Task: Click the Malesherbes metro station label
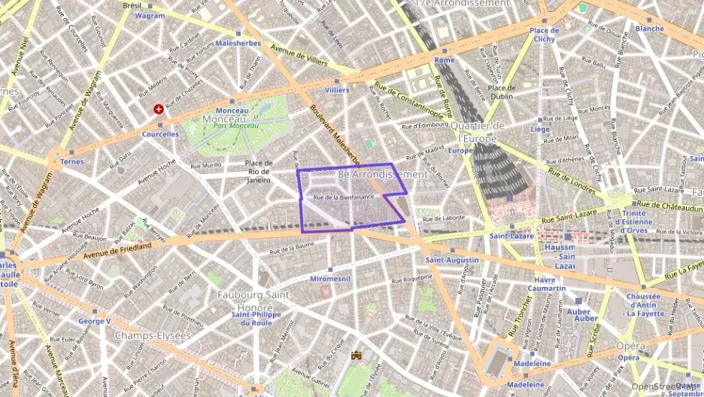tap(238, 44)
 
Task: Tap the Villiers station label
tap(336, 90)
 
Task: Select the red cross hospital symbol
tap(159, 109)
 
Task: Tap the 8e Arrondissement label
tap(383, 174)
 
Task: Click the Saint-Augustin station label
tap(451, 260)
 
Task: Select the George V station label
tap(95, 321)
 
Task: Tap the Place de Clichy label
tap(543, 35)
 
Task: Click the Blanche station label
tap(649, 29)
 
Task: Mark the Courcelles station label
tap(160, 134)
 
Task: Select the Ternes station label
tap(72, 161)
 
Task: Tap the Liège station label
tap(541, 129)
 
